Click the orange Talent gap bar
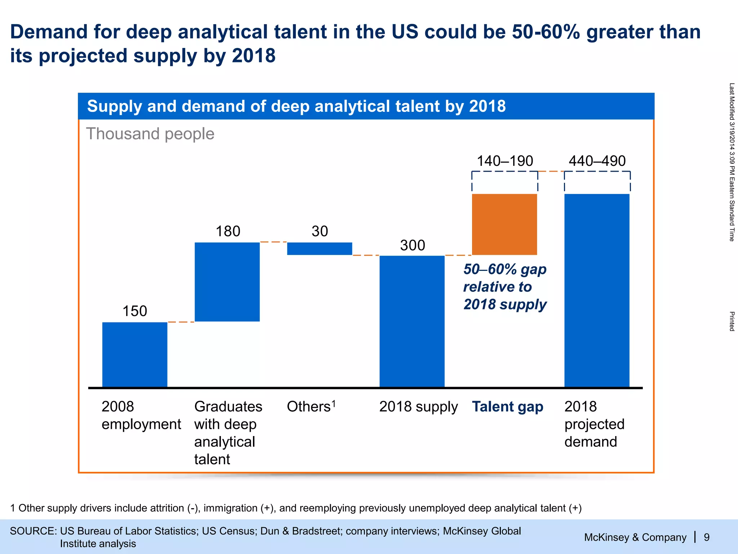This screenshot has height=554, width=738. pyautogui.click(x=504, y=224)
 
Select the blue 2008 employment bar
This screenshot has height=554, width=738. pyautogui.click(x=135, y=355)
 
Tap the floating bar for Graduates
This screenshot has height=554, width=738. pyautogui.click(x=227, y=282)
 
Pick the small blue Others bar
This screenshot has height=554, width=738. pyautogui.click(x=320, y=249)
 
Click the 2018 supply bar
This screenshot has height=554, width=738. pyautogui.click(x=412, y=321)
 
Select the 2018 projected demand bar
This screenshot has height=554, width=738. pyautogui.click(x=597, y=290)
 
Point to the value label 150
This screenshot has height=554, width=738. pyautogui.click(x=135, y=311)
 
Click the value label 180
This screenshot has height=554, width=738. pyautogui.click(x=228, y=231)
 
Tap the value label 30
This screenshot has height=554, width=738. pyautogui.click(x=320, y=231)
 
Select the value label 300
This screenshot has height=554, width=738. pyautogui.click(x=413, y=245)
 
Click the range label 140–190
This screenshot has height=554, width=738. pyautogui.click(x=505, y=161)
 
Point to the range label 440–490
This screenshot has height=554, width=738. pyautogui.click(x=597, y=161)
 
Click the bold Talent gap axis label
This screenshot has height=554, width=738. pyautogui.click(x=508, y=407)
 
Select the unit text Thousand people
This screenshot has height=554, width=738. pyautogui.click(x=150, y=134)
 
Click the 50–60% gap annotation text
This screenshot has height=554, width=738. pyautogui.click(x=505, y=287)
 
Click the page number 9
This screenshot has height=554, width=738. pyautogui.click(x=707, y=537)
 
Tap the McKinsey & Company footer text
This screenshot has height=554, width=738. pyautogui.click(x=635, y=537)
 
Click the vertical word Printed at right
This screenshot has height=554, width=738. pyautogui.click(x=732, y=321)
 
